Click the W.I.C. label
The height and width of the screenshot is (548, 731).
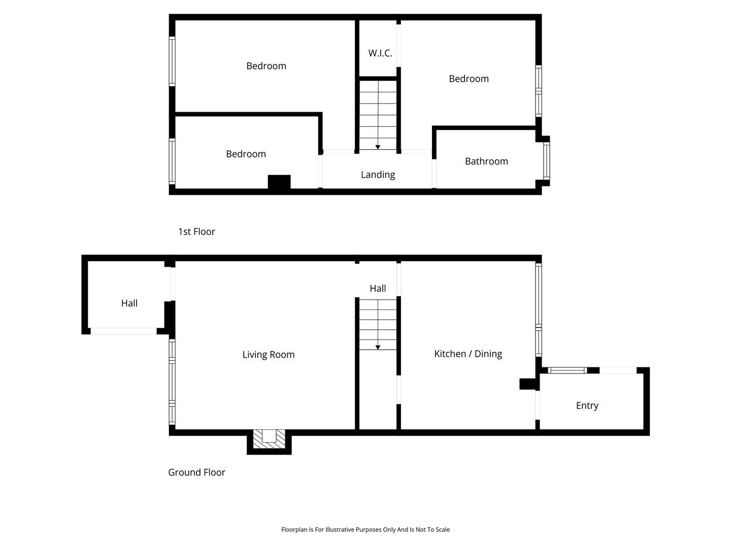click(x=380, y=53)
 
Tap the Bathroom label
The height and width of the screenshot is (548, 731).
click(x=486, y=161)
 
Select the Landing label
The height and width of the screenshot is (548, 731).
click(x=378, y=175)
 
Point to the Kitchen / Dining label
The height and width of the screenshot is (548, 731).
click(x=468, y=354)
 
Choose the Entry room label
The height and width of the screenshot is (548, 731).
click(x=587, y=406)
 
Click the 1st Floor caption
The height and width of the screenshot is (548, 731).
click(x=196, y=231)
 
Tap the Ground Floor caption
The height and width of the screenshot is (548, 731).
click(x=196, y=472)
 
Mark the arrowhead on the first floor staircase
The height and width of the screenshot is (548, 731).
click(x=378, y=147)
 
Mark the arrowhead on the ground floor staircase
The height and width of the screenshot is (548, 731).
click(x=378, y=348)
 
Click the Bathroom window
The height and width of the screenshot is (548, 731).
click(x=547, y=161)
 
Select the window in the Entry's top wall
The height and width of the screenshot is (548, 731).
click(x=567, y=370)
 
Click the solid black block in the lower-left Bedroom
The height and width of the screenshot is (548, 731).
click(x=279, y=182)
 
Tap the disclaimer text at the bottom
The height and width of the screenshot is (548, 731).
click(x=365, y=530)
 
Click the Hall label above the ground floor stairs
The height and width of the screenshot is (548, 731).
click(x=378, y=289)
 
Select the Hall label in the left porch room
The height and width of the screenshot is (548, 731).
click(x=129, y=303)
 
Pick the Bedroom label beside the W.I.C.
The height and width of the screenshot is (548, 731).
click(x=469, y=79)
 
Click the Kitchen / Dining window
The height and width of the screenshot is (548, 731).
click(x=539, y=310)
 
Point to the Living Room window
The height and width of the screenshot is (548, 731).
click(x=172, y=382)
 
